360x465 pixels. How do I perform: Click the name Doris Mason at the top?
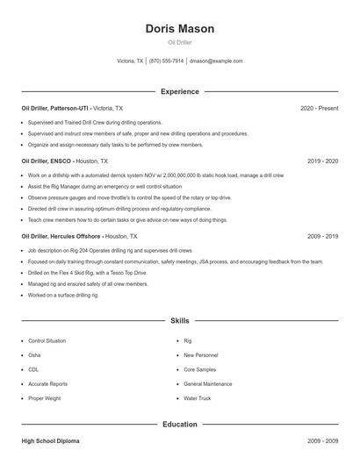pyautogui.click(x=180, y=29)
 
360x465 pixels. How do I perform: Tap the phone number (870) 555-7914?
pyautogui.click(x=167, y=61)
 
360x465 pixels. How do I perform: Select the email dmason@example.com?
pyautogui.click(x=217, y=61)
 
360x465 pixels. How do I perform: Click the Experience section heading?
pyautogui.click(x=180, y=91)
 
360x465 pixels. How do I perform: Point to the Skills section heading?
pyautogui.click(x=180, y=321)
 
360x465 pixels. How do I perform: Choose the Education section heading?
pyautogui.click(x=180, y=425)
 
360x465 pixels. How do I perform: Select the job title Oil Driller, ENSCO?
pyautogui.click(x=45, y=161)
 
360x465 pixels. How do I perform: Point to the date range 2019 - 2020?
pyautogui.click(x=323, y=161)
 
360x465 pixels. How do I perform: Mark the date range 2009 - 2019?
pyautogui.click(x=323, y=236)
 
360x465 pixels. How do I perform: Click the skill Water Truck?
pyautogui.click(x=198, y=398)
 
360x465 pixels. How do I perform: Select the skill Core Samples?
pyautogui.click(x=200, y=369)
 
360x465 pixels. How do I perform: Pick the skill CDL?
pyautogui.click(x=34, y=369)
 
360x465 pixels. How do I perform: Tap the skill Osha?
pyautogui.click(x=34, y=355)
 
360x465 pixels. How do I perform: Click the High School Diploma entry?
pyautogui.click(x=51, y=440)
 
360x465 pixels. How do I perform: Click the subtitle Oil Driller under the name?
pyautogui.click(x=180, y=42)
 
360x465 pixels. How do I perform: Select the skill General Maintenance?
pyautogui.click(x=208, y=384)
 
